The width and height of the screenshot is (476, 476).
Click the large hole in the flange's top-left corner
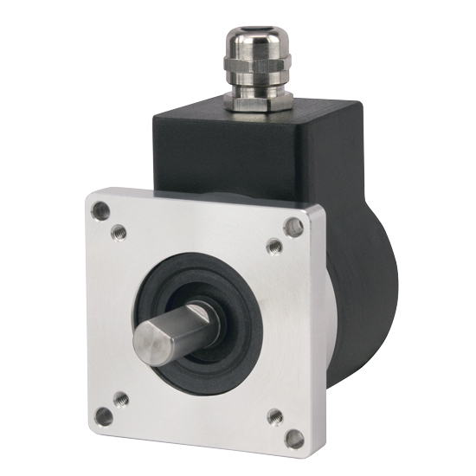pyautogui.click(x=102, y=209)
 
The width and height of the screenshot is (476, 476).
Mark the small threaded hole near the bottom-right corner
pyautogui.click(x=274, y=415)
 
